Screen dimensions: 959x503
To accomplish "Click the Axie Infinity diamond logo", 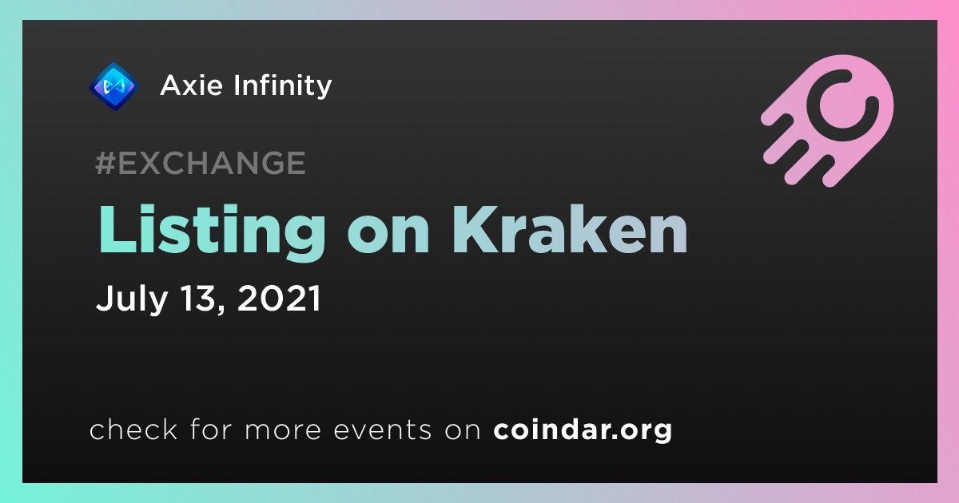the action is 113,86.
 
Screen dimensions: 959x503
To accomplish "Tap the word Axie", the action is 191,85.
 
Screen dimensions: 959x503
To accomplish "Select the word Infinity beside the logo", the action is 283,86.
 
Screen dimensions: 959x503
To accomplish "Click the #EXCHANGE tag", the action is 201,163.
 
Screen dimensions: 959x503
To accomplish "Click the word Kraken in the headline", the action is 570,229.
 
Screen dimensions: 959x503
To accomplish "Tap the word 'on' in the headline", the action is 388,236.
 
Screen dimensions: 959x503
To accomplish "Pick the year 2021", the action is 279,298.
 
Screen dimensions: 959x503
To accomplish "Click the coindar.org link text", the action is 583,430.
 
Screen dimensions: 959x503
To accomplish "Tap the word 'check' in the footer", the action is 133,429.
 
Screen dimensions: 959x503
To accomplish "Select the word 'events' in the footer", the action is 383,430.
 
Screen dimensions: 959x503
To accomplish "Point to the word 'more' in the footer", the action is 283,430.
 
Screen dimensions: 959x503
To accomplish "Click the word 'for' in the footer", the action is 211,429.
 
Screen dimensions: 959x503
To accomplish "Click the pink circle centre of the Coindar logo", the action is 842,105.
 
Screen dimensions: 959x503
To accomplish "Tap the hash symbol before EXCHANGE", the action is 105,163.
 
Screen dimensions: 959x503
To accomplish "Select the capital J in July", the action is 105,297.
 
